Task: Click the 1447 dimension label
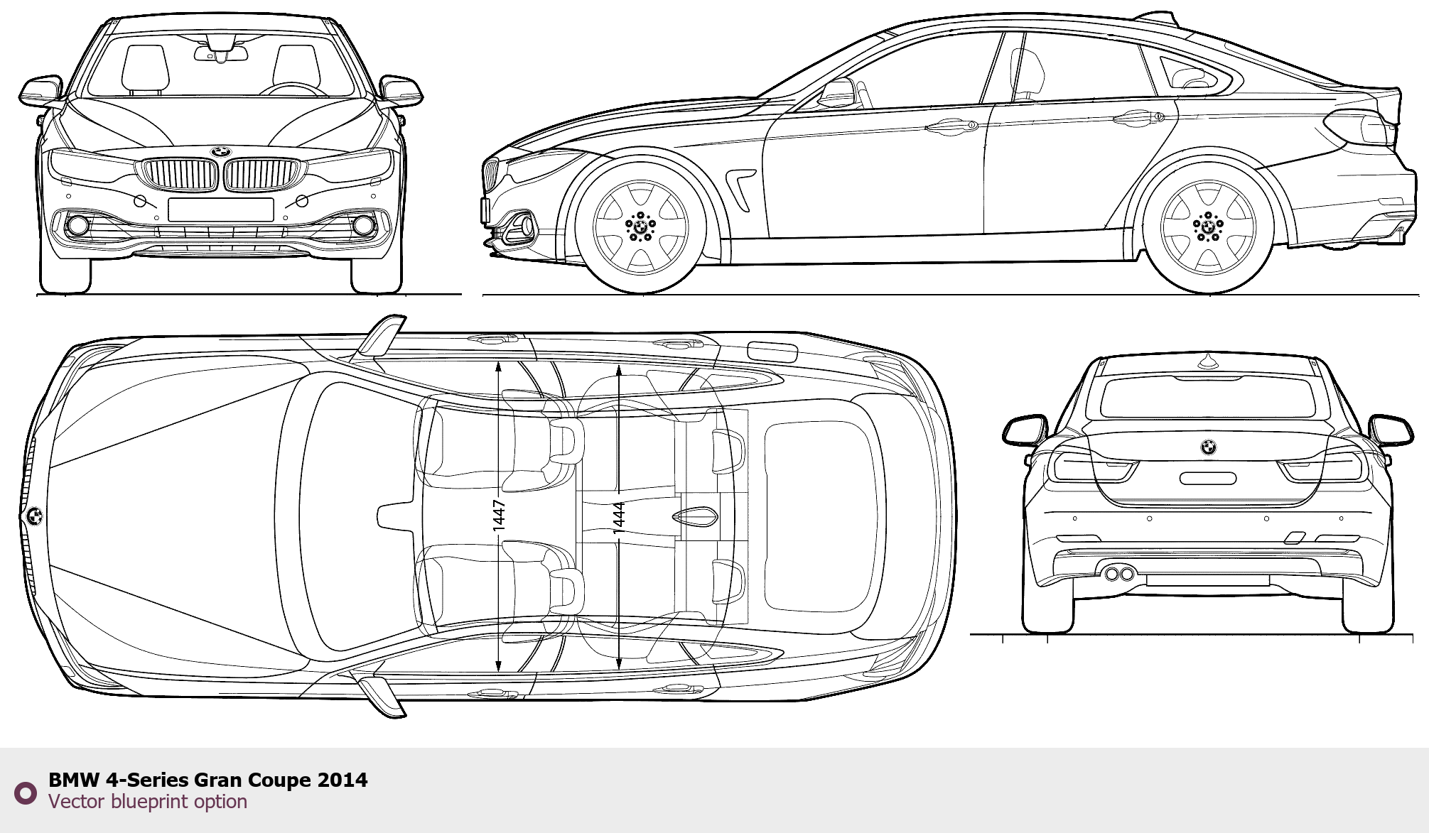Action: tap(499, 515)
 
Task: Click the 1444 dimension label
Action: tap(619, 518)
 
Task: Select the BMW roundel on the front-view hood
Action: tap(221, 152)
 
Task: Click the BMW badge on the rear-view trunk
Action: tap(1208, 447)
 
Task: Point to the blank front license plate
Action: tap(221, 209)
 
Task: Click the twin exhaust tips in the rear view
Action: tap(1119, 572)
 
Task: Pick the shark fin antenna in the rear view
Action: tap(1207, 362)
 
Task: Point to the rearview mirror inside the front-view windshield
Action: tap(221, 54)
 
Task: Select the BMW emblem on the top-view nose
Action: tap(33, 516)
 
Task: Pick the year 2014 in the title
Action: tap(343, 780)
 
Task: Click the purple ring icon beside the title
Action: tap(26, 793)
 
